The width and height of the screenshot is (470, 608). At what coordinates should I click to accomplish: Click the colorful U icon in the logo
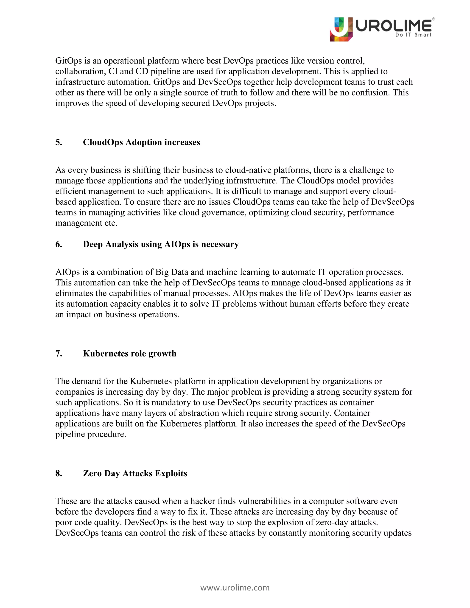pos(341,29)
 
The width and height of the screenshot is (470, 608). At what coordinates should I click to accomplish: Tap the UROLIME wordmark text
pos(393,26)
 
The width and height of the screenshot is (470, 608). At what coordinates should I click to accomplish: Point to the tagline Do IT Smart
pos(413,35)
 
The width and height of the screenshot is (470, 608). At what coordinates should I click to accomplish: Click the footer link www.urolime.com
pos(235,587)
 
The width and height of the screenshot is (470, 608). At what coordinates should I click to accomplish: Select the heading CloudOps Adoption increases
pos(141,142)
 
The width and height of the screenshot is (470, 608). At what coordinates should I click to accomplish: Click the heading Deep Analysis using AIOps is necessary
pos(161,244)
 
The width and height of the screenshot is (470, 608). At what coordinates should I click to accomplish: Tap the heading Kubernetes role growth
pos(129,353)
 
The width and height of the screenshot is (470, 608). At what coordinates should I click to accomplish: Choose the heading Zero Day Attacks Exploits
pos(135,473)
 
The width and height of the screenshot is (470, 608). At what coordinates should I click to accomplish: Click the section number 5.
pos(59,142)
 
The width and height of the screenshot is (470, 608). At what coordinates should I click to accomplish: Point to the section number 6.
pos(59,244)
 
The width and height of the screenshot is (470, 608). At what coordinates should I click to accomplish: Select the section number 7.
pos(59,353)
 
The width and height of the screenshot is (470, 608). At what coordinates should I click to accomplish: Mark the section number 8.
pos(59,473)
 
